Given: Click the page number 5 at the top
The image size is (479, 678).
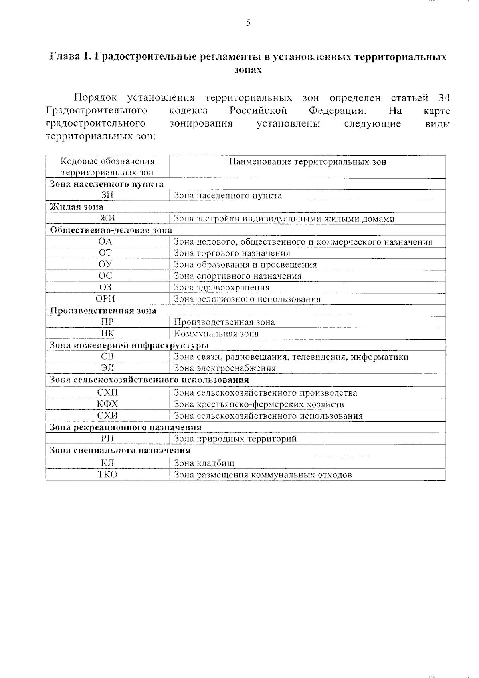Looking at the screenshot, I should pyautogui.click(x=248, y=23).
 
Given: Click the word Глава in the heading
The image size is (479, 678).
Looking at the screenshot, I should pyautogui.click(x=64, y=56).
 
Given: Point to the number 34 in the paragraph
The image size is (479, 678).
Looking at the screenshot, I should pyautogui.click(x=444, y=98).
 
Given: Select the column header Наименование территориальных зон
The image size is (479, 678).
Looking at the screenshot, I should pyautogui.click(x=307, y=162).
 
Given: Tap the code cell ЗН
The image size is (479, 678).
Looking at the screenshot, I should pyautogui.click(x=107, y=195).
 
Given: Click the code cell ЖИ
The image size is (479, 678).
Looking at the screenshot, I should pyautogui.click(x=107, y=219).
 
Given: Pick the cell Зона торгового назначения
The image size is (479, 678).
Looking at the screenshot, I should pyautogui.click(x=232, y=253).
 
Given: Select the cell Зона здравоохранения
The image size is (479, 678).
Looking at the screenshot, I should pyautogui.click(x=222, y=288).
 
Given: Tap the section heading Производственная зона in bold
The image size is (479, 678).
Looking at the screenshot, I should pyautogui.click(x=103, y=310).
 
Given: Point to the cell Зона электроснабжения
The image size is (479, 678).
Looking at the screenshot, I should pyautogui.click(x=225, y=368).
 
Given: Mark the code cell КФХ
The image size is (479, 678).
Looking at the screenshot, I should pyautogui.click(x=107, y=404).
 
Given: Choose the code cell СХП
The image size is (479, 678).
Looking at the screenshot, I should pyautogui.click(x=107, y=393).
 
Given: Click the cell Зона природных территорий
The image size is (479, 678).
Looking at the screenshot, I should pyautogui.click(x=236, y=439).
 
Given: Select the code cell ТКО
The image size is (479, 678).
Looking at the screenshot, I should pyautogui.click(x=108, y=475).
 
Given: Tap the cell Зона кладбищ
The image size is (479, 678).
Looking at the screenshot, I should pyautogui.click(x=204, y=463).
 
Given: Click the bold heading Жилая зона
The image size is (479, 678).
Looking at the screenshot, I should pyautogui.click(x=77, y=207).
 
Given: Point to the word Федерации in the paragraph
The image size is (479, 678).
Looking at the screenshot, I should pyautogui.click(x=337, y=111).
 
